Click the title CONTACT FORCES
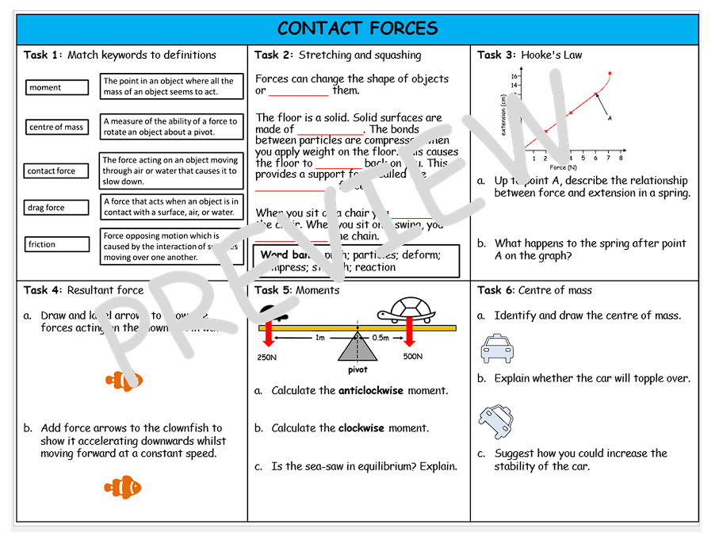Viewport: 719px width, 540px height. point(358,29)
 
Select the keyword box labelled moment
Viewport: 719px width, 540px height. point(56,87)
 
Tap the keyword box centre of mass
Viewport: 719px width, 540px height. point(56,127)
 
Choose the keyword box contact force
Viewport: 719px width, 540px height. point(56,170)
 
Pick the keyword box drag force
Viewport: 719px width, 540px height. point(56,208)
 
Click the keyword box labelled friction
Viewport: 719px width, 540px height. point(56,244)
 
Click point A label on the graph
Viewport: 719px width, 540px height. point(610,117)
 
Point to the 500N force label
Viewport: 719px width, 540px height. point(412,356)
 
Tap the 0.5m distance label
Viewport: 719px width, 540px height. point(382,338)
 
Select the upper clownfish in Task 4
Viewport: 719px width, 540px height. point(124,381)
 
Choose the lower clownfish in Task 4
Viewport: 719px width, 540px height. point(123,487)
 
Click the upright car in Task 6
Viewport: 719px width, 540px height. point(497,349)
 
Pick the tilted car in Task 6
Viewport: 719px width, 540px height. point(496,421)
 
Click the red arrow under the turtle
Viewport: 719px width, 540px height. point(410,333)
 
